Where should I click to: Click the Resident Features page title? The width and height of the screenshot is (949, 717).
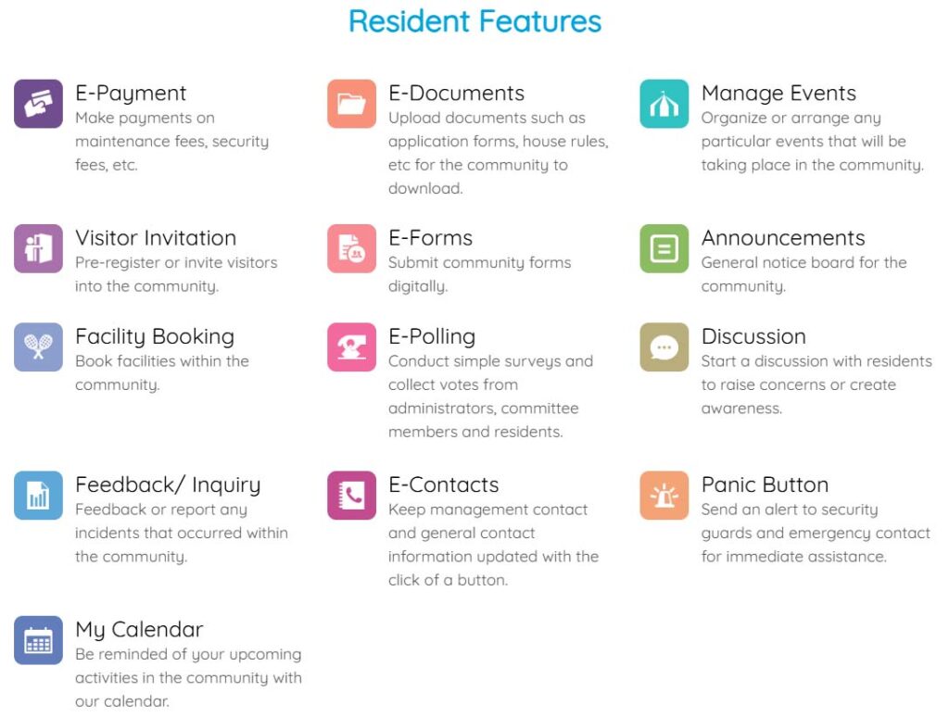click(x=474, y=21)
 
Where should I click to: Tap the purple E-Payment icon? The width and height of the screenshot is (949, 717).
click(x=38, y=104)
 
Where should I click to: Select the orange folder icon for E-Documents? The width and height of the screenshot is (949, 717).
click(x=351, y=104)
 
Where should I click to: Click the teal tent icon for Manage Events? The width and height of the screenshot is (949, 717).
click(x=664, y=104)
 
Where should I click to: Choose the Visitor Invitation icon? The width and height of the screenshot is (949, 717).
click(x=38, y=248)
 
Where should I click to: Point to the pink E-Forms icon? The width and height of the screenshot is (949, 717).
click(x=351, y=248)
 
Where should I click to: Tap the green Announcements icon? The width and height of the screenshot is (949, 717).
click(x=664, y=248)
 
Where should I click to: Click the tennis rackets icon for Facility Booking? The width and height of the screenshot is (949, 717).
click(x=38, y=346)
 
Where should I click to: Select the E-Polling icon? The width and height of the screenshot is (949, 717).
click(x=351, y=346)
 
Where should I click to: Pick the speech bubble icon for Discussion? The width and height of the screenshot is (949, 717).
click(x=664, y=346)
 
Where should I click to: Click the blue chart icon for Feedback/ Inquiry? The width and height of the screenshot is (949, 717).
click(x=38, y=495)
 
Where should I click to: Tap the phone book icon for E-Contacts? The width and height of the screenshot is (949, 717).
click(x=351, y=495)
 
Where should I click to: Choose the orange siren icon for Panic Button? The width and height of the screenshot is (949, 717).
click(x=664, y=495)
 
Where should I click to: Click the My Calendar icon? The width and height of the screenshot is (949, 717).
click(x=38, y=640)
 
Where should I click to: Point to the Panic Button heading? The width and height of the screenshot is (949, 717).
click(x=765, y=484)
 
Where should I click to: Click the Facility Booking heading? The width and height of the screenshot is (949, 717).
click(x=155, y=337)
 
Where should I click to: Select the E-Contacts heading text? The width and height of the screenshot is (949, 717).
click(x=444, y=484)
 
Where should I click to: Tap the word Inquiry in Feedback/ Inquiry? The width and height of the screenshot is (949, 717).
click(x=226, y=485)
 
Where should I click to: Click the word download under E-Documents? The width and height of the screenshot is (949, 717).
click(x=425, y=188)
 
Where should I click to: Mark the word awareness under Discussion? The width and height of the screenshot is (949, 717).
click(x=741, y=409)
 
